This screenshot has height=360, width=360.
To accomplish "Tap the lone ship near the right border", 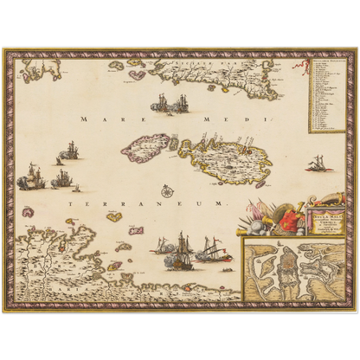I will pyautogui.click(x=318, y=162).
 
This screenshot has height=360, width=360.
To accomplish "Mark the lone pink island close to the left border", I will pyautogui.click(x=28, y=211).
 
